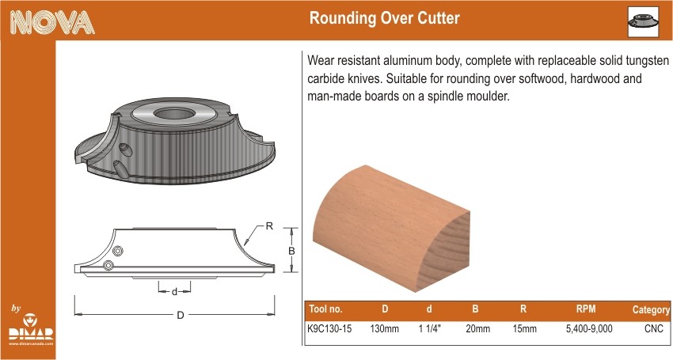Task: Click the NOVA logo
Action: [x=52, y=22]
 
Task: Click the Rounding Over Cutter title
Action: [x=385, y=18]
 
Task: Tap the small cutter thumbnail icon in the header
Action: [x=643, y=21]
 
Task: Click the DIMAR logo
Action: [x=30, y=329]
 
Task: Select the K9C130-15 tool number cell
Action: [x=329, y=328]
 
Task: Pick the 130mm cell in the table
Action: [x=385, y=328]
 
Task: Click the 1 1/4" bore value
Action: [x=430, y=328]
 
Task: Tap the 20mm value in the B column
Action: [x=477, y=328]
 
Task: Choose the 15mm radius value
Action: [x=524, y=328]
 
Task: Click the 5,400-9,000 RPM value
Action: [x=589, y=328]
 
